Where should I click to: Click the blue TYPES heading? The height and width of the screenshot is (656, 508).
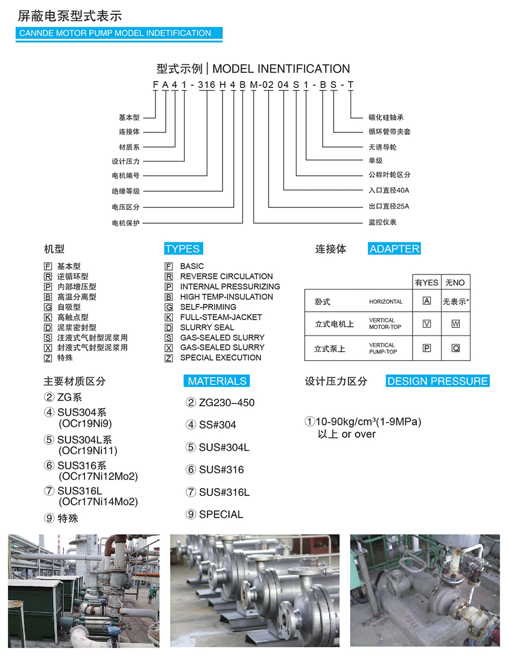pos(183,249)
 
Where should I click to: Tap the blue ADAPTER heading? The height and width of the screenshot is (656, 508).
pos(395,249)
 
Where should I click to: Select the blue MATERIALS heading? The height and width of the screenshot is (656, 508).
pos(217,381)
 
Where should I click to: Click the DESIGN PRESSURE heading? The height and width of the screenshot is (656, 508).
pos(437,381)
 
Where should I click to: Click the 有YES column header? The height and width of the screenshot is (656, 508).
pos(427,282)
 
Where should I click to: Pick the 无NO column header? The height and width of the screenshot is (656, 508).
pos(455,282)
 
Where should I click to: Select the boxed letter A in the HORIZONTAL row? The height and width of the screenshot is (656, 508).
pos(427,301)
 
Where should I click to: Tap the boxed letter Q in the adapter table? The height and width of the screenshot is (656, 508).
pos(456,348)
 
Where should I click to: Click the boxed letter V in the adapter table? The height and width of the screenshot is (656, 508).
pos(427,324)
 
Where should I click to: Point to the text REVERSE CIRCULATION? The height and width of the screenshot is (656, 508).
pos(226,277)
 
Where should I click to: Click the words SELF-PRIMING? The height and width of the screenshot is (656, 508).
pos(208,307)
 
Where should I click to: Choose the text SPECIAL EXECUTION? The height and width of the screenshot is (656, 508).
pos(221,358)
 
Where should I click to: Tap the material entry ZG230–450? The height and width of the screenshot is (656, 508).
pos(227,402)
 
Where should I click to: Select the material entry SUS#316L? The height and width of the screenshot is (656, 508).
pos(224,492)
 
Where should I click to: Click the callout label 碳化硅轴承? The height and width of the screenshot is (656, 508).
pos(386,118)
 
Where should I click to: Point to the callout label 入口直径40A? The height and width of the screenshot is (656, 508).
pos(389,190)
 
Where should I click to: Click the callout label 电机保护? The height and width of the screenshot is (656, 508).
pos(125,223)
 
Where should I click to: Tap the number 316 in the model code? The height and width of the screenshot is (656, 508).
pos(206,85)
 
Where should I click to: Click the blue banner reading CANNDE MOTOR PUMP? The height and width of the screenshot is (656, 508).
pos(119,33)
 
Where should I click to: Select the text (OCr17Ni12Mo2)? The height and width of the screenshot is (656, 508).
pos(98,476)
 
